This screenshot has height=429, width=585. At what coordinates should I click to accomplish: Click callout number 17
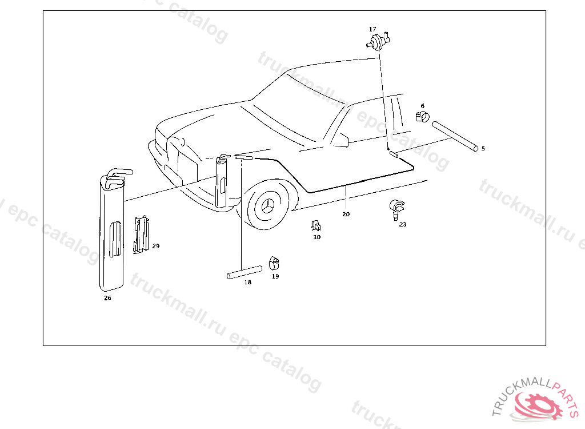pos(372,29)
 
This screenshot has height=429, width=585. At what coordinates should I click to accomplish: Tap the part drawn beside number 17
pos(378,41)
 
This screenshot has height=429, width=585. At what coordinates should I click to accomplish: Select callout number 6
pos(422,106)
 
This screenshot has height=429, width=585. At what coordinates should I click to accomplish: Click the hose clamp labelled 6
pos(422,117)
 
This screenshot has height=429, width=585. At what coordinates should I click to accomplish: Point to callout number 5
pos(483,148)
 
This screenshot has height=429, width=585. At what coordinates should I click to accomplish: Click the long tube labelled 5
pos(455,136)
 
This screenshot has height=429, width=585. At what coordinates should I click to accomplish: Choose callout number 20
pos(346,214)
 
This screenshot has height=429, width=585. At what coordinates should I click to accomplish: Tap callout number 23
pos(403,224)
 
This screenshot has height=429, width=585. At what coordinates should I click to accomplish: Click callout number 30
pos(316,237)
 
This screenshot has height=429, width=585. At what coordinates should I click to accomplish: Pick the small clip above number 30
pos(316,225)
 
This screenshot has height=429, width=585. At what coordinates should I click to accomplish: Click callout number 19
pos(275,276)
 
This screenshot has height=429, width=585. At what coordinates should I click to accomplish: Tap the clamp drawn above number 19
pos(274,263)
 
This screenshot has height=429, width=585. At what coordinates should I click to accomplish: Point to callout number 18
pos(248,282)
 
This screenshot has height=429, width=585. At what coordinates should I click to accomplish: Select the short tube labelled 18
pos(245,272)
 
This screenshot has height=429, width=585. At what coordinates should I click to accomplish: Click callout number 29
pos(156,246)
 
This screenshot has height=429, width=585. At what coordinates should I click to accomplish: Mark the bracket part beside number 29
pos(141,235)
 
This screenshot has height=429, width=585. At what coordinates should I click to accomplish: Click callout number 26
pos(107,298)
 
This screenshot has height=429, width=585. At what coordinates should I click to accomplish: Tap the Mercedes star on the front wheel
pos(269,206)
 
